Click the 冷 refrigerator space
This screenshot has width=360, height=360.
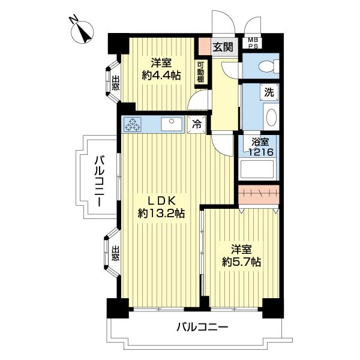point(196,124)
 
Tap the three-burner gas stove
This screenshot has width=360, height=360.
point(133,124)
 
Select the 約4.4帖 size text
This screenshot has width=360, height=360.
point(161,75)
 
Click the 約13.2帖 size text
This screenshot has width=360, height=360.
point(161,213)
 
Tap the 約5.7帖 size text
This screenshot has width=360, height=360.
point(241,262)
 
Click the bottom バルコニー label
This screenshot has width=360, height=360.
point(202,328)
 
